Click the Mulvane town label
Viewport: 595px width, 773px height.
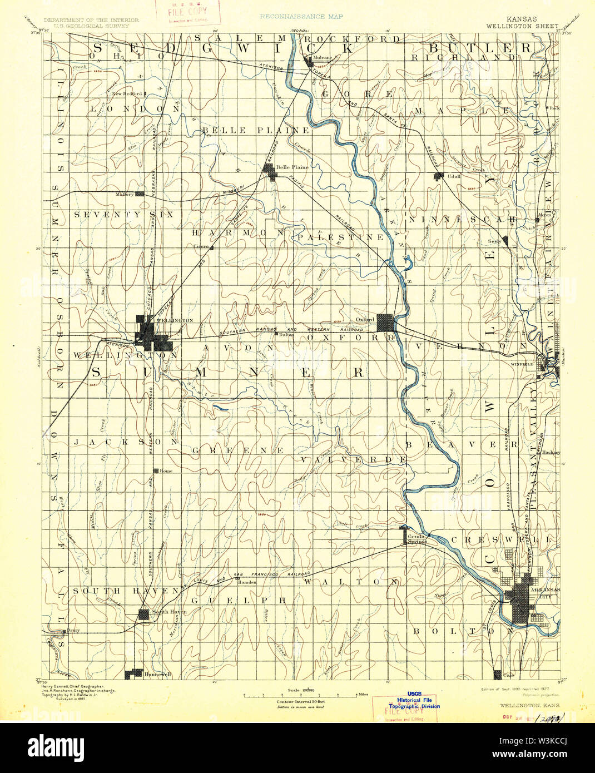322,57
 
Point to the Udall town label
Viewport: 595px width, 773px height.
454,176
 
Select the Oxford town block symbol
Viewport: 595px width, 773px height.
385,323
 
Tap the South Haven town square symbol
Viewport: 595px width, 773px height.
144,613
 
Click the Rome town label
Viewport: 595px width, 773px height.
166,470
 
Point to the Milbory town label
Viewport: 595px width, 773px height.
125,194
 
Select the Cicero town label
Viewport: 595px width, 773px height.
200,246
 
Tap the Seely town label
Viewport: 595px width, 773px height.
494,241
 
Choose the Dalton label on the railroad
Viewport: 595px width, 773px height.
286,334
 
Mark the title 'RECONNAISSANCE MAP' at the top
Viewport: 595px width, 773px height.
301,17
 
